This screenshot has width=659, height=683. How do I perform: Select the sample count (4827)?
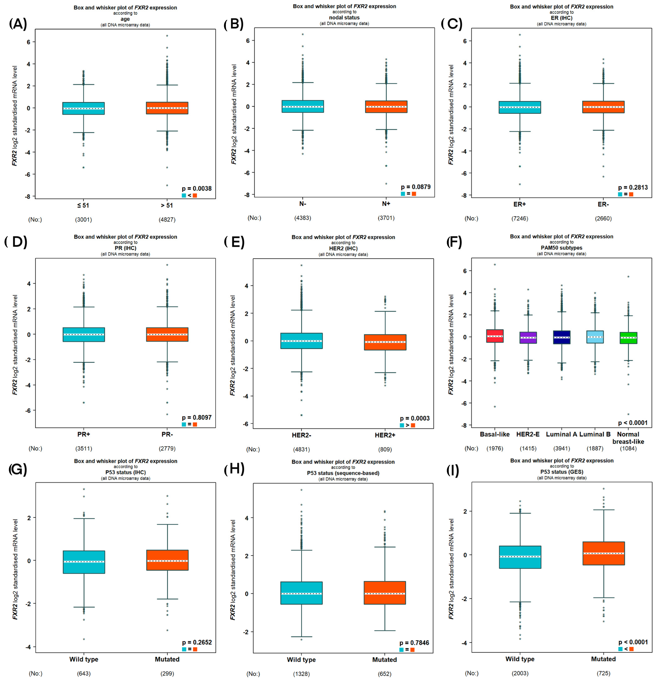click(167, 219)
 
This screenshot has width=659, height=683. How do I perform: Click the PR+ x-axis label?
click(84, 434)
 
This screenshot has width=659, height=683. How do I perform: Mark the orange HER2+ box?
click(385, 342)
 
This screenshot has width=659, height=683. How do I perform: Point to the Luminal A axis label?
click(561, 434)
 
